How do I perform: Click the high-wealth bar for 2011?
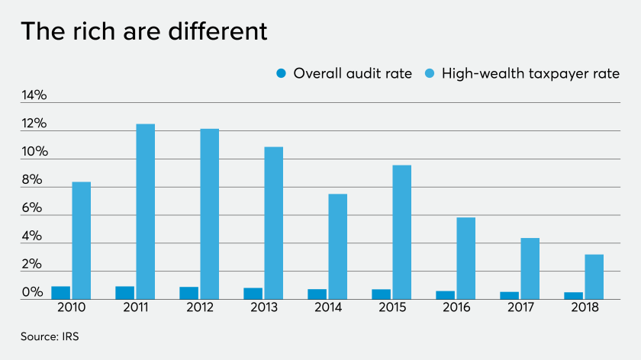pyautogui.click(x=146, y=211)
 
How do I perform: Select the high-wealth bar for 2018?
pyautogui.click(x=594, y=277)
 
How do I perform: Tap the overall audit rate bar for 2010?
pyautogui.click(x=60, y=293)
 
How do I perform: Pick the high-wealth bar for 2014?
pyautogui.click(x=338, y=246)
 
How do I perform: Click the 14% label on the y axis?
pyautogui.click(x=34, y=96)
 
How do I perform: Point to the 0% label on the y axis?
pyautogui.click(x=32, y=293)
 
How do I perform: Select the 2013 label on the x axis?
pyautogui.click(x=264, y=307)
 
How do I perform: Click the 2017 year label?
pyautogui.click(x=520, y=307)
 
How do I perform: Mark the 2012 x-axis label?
pyautogui.click(x=200, y=307)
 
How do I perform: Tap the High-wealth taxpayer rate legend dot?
pyautogui.click(x=430, y=74)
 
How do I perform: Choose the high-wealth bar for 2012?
pyautogui.click(x=210, y=214)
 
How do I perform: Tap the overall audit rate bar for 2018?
pyautogui.click(x=573, y=296)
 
